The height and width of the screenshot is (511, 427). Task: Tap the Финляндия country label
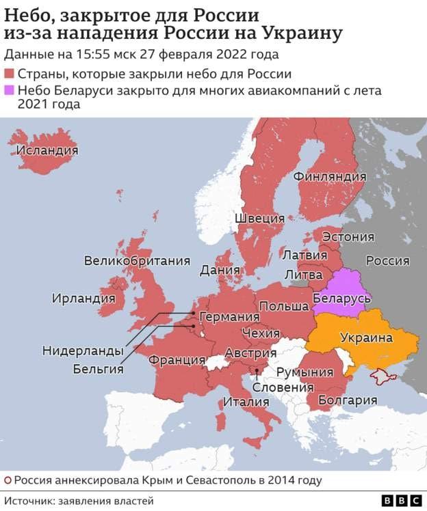[x=329, y=176]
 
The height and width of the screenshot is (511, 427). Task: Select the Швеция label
[x=259, y=218]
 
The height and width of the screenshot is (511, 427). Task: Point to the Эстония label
[x=348, y=236]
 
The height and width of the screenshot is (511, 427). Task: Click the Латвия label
[x=305, y=255]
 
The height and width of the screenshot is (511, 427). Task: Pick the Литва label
[x=303, y=273]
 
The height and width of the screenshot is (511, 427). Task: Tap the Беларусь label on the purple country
[x=341, y=299]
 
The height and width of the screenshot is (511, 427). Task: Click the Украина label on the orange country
[x=366, y=337]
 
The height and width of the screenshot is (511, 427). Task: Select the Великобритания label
[x=137, y=260]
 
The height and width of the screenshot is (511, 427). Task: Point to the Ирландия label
[x=83, y=298]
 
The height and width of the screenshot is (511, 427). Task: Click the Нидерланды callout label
[x=83, y=350]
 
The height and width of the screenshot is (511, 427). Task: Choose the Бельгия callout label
[x=98, y=369]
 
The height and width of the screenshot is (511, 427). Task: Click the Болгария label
[x=348, y=400]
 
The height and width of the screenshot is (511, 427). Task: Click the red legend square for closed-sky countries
[x=10, y=74]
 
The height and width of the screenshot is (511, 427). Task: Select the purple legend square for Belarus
[x=10, y=91]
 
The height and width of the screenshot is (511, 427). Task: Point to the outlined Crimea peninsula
[x=384, y=375]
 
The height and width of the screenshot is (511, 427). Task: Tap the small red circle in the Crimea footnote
[x=7, y=480]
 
